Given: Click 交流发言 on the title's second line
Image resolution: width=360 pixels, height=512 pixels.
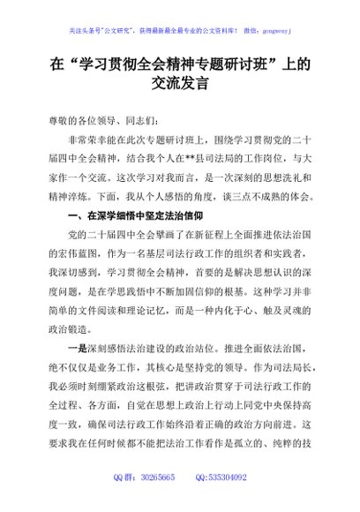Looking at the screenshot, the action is tap(179, 86).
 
